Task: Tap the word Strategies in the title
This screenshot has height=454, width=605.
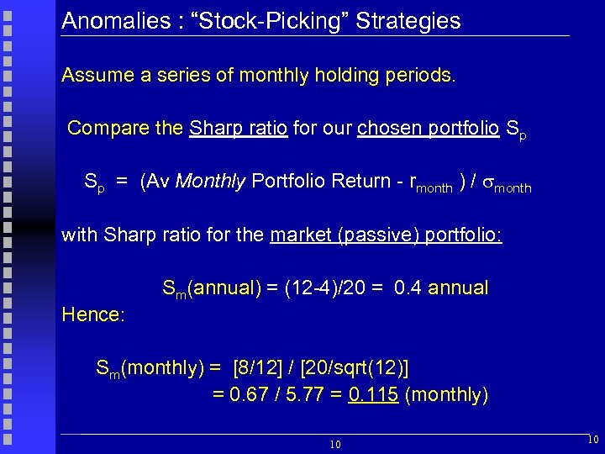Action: pos(408,20)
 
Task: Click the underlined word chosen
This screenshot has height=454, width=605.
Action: pos(390,128)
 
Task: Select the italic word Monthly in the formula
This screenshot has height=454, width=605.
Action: pos(211,181)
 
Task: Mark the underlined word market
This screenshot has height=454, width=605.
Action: pos(300,235)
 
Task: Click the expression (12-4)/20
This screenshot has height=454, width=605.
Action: pos(324,288)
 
